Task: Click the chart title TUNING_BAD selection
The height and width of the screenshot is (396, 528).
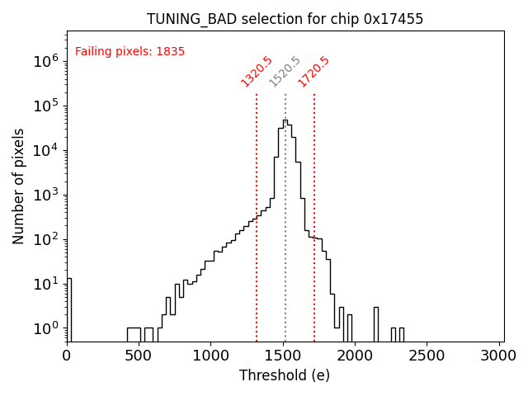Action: click(x=285, y=19)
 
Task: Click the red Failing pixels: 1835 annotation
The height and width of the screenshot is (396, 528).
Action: click(x=130, y=52)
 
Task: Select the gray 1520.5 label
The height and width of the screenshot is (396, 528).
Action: click(x=285, y=72)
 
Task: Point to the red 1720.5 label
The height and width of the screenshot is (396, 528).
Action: click(x=314, y=72)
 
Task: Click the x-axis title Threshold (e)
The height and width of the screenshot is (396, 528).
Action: click(x=285, y=375)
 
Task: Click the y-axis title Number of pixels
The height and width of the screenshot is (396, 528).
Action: click(x=19, y=186)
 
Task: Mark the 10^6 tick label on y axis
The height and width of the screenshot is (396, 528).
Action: click(x=45, y=61)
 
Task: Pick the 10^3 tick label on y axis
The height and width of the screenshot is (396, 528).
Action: click(x=45, y=195)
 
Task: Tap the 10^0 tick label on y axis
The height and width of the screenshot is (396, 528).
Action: click(x=45, y=328)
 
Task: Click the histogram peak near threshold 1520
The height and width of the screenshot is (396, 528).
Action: click(x=285, y=121)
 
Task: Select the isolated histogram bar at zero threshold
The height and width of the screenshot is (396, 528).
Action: click(x=68, y=309)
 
